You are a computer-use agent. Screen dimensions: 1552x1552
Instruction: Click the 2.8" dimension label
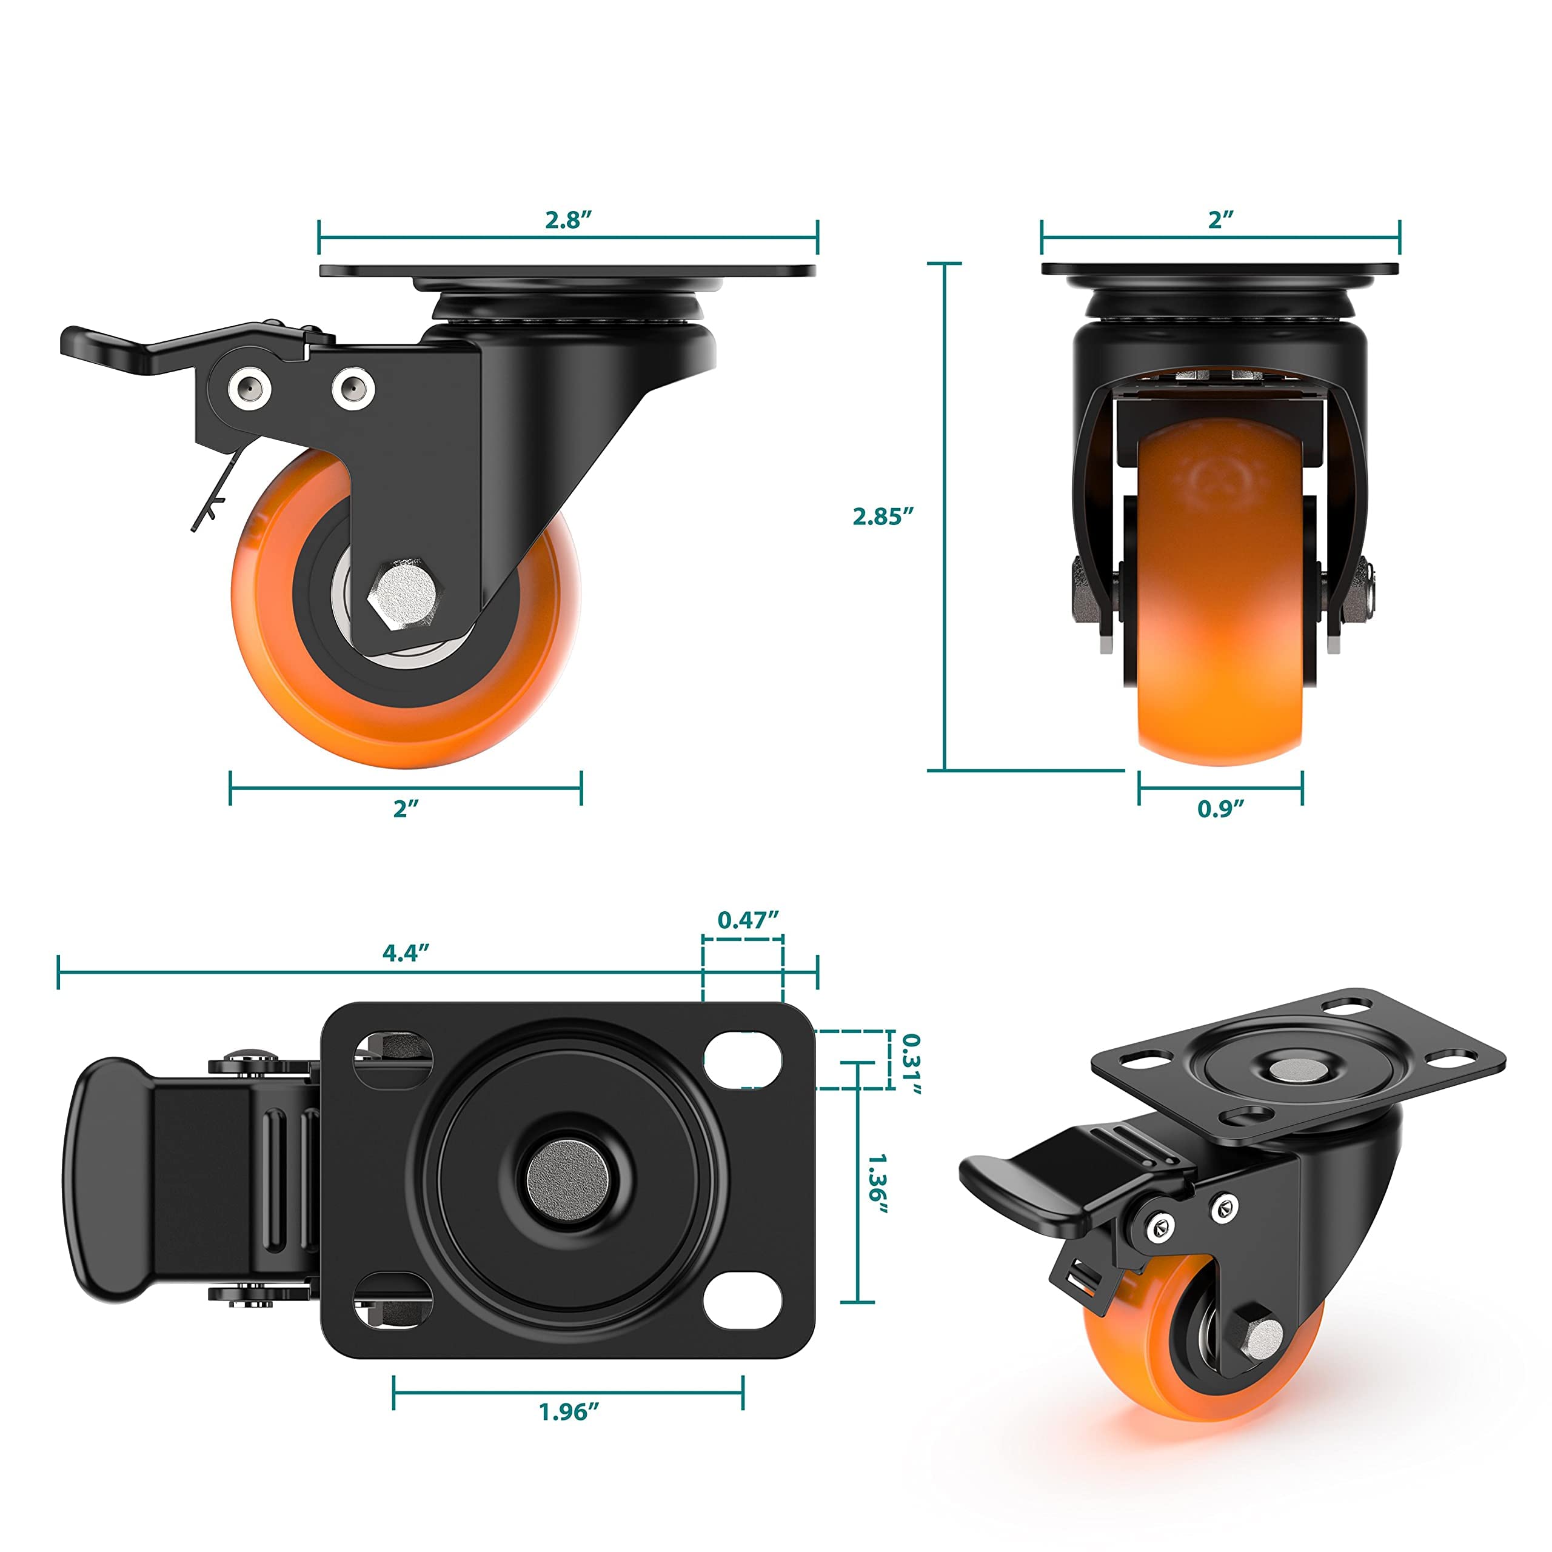tap(568, 219)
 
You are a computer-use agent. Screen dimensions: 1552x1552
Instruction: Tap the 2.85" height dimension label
tap(883, 517)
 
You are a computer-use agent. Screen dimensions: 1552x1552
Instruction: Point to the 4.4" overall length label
tap(406, 953)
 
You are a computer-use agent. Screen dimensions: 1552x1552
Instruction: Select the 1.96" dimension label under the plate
tap(569, 1411)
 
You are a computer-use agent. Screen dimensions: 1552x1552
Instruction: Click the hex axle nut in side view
tap(403, 595)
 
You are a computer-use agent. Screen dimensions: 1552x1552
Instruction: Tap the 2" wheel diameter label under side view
tap(406, 808)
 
